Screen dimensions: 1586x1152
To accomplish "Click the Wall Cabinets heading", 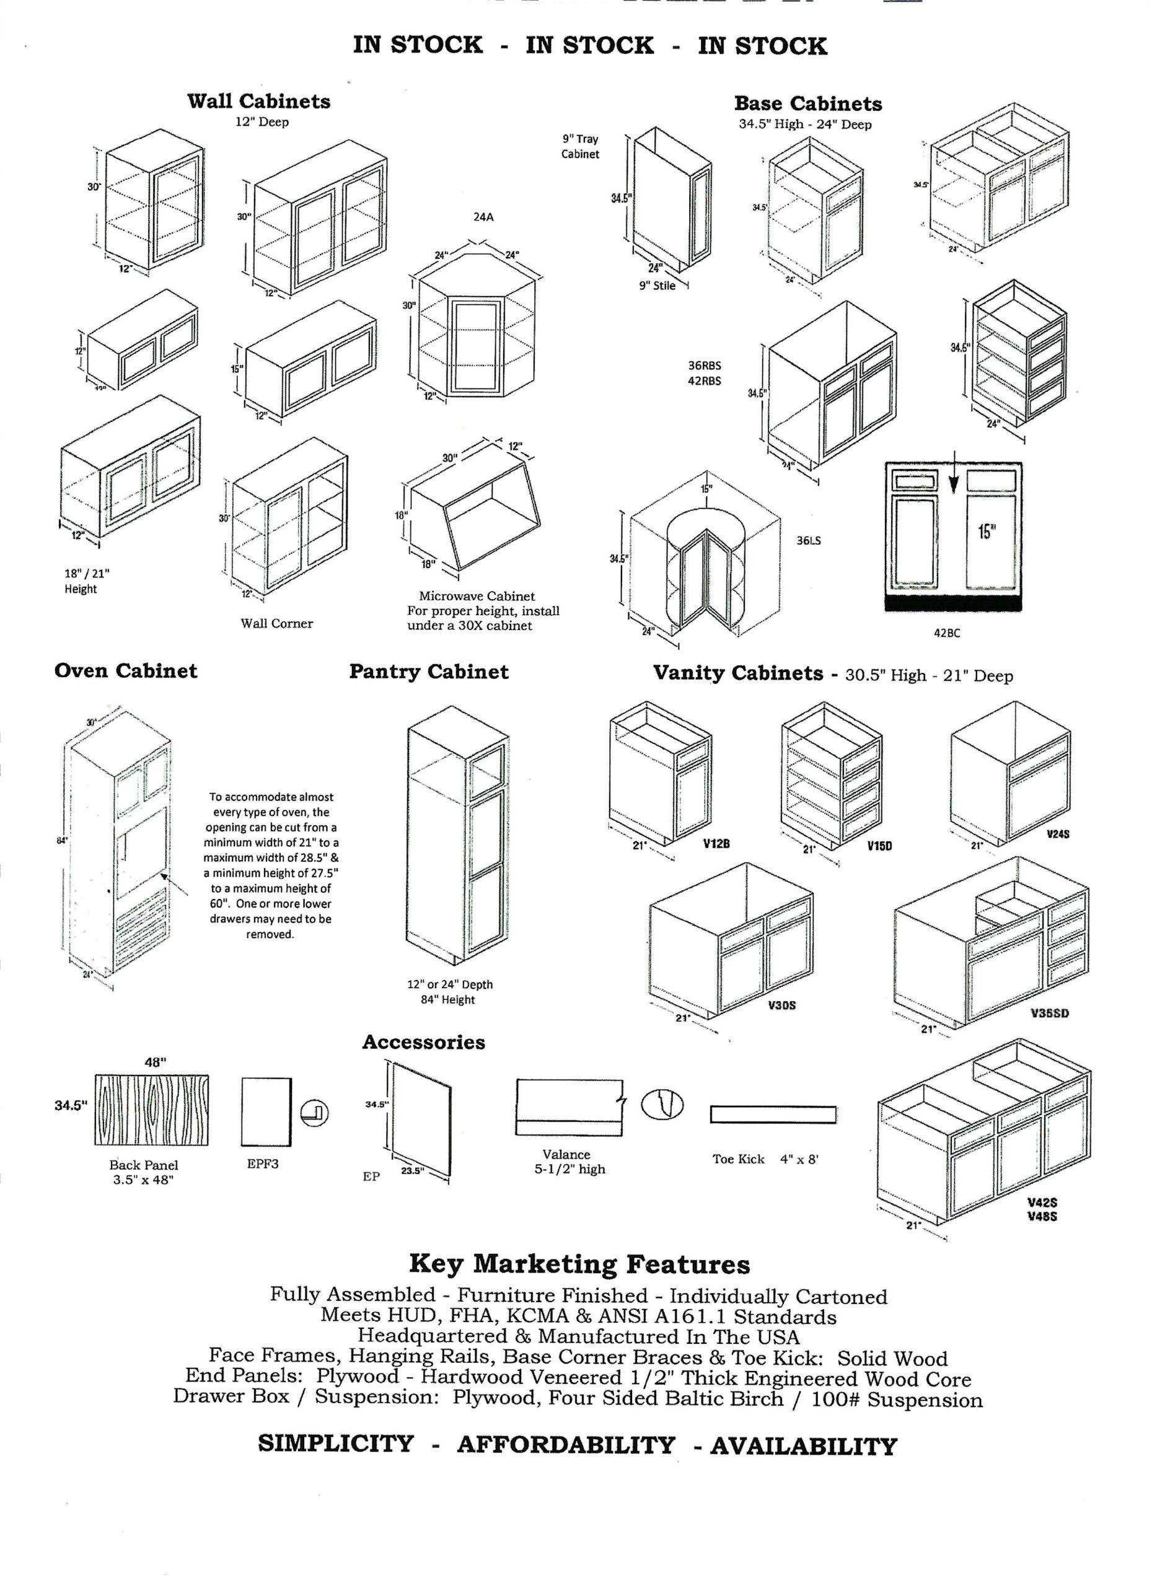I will [x=259, y=102].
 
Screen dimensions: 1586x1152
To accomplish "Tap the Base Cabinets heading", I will [x=808, y=104].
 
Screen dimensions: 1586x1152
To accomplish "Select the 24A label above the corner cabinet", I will [x=483, y=217].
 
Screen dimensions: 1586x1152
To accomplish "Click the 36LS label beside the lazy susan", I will [x=809, y=541].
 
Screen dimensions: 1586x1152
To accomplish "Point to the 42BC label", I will [x=947, y=633].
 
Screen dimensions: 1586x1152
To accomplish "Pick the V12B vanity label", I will [x=717, y=843].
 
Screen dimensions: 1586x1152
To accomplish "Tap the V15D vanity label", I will [x=880, y=846].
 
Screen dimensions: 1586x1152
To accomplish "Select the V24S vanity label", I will [x=1058, y=835].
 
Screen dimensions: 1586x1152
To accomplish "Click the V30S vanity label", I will [x=782, y=1005].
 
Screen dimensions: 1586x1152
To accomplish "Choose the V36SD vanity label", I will [x=1050, y=1014].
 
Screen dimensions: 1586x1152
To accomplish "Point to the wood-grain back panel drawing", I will [x=151, y=1110].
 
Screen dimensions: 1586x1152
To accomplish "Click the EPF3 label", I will [x=263, y=1163].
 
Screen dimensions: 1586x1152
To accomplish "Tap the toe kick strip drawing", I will [x=773, y=1114].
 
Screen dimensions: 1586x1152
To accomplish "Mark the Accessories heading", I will [x=424, y=1042].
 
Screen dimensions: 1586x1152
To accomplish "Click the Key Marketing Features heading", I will [x=579, y=1264].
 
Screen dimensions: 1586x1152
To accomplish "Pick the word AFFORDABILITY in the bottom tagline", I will [x=566, y=1445].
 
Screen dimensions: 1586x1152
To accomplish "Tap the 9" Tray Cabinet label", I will [x=580, y=146].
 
